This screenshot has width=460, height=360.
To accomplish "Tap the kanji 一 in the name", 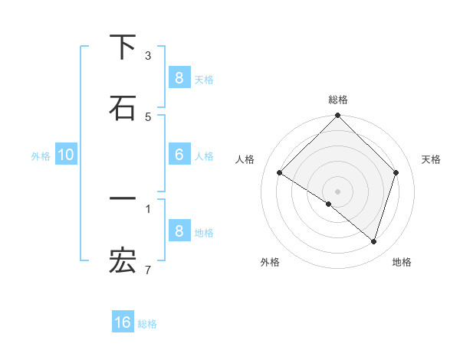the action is point(123,199).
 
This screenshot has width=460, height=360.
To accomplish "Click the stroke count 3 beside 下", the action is point(148,55).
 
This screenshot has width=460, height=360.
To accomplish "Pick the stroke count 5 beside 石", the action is point(148,116).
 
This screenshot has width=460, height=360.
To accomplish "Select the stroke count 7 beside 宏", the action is point(148,270).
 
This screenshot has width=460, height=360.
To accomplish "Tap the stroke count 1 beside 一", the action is point(148,208).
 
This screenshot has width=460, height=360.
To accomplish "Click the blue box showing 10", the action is point(66,155).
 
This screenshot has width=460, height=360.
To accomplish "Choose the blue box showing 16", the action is point(123,322).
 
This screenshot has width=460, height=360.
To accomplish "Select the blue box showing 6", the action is point(179,155).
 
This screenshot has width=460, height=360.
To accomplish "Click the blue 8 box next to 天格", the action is point(179,77).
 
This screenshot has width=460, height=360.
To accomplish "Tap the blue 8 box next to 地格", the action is point(179,231).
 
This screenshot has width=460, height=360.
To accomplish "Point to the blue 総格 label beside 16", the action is point(147,324).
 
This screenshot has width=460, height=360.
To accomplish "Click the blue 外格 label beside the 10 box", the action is point(41,155).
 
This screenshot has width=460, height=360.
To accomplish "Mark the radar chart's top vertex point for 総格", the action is point(337,116).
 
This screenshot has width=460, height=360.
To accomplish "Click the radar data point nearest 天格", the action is point(396,173).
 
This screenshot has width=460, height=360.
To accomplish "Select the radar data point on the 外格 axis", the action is point(329,204).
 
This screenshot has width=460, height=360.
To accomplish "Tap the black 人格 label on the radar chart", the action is point(245,159).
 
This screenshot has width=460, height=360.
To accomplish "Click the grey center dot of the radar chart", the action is point(337,191).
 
